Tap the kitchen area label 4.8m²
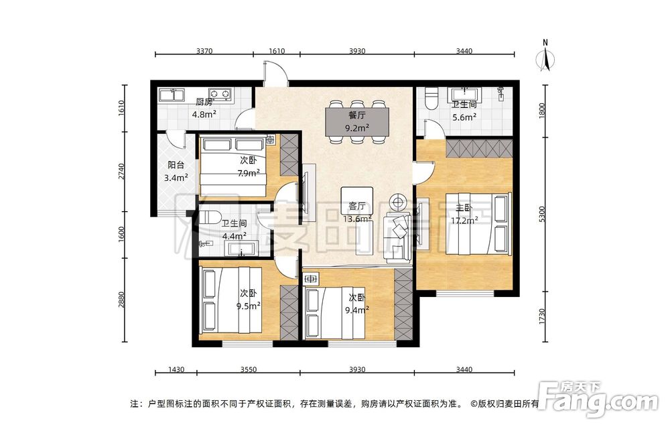click(x=204, y=115)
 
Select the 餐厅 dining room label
click(x=357, y=115)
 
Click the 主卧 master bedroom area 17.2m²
click(x=464, y=221)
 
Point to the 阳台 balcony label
click(x=176, y=165)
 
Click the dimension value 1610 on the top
click(x=277, y=51)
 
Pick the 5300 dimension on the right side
click(x=543, y=214)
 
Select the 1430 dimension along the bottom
click(x=176, y=369)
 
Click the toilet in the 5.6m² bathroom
click(x=431, y=98)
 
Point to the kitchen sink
click(x=171, y=95)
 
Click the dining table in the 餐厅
click(x=358, y=121)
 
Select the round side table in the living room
click(x=398, y=202)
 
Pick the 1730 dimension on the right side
click(x=543, y=316)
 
